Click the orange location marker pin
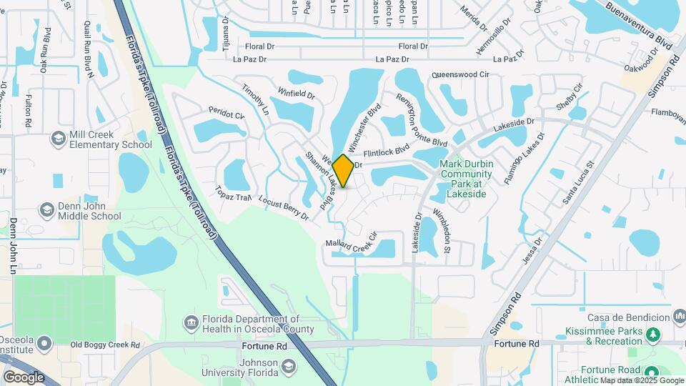point(343,171)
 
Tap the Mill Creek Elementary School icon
point(57,137)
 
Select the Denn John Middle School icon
point(47,209)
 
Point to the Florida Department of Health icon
point(192,323)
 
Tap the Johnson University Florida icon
point(288,367)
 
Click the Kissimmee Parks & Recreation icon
point(652,333)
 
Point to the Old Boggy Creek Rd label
point(100,345)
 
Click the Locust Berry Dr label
point(284,207)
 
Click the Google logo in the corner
point(24,377)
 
